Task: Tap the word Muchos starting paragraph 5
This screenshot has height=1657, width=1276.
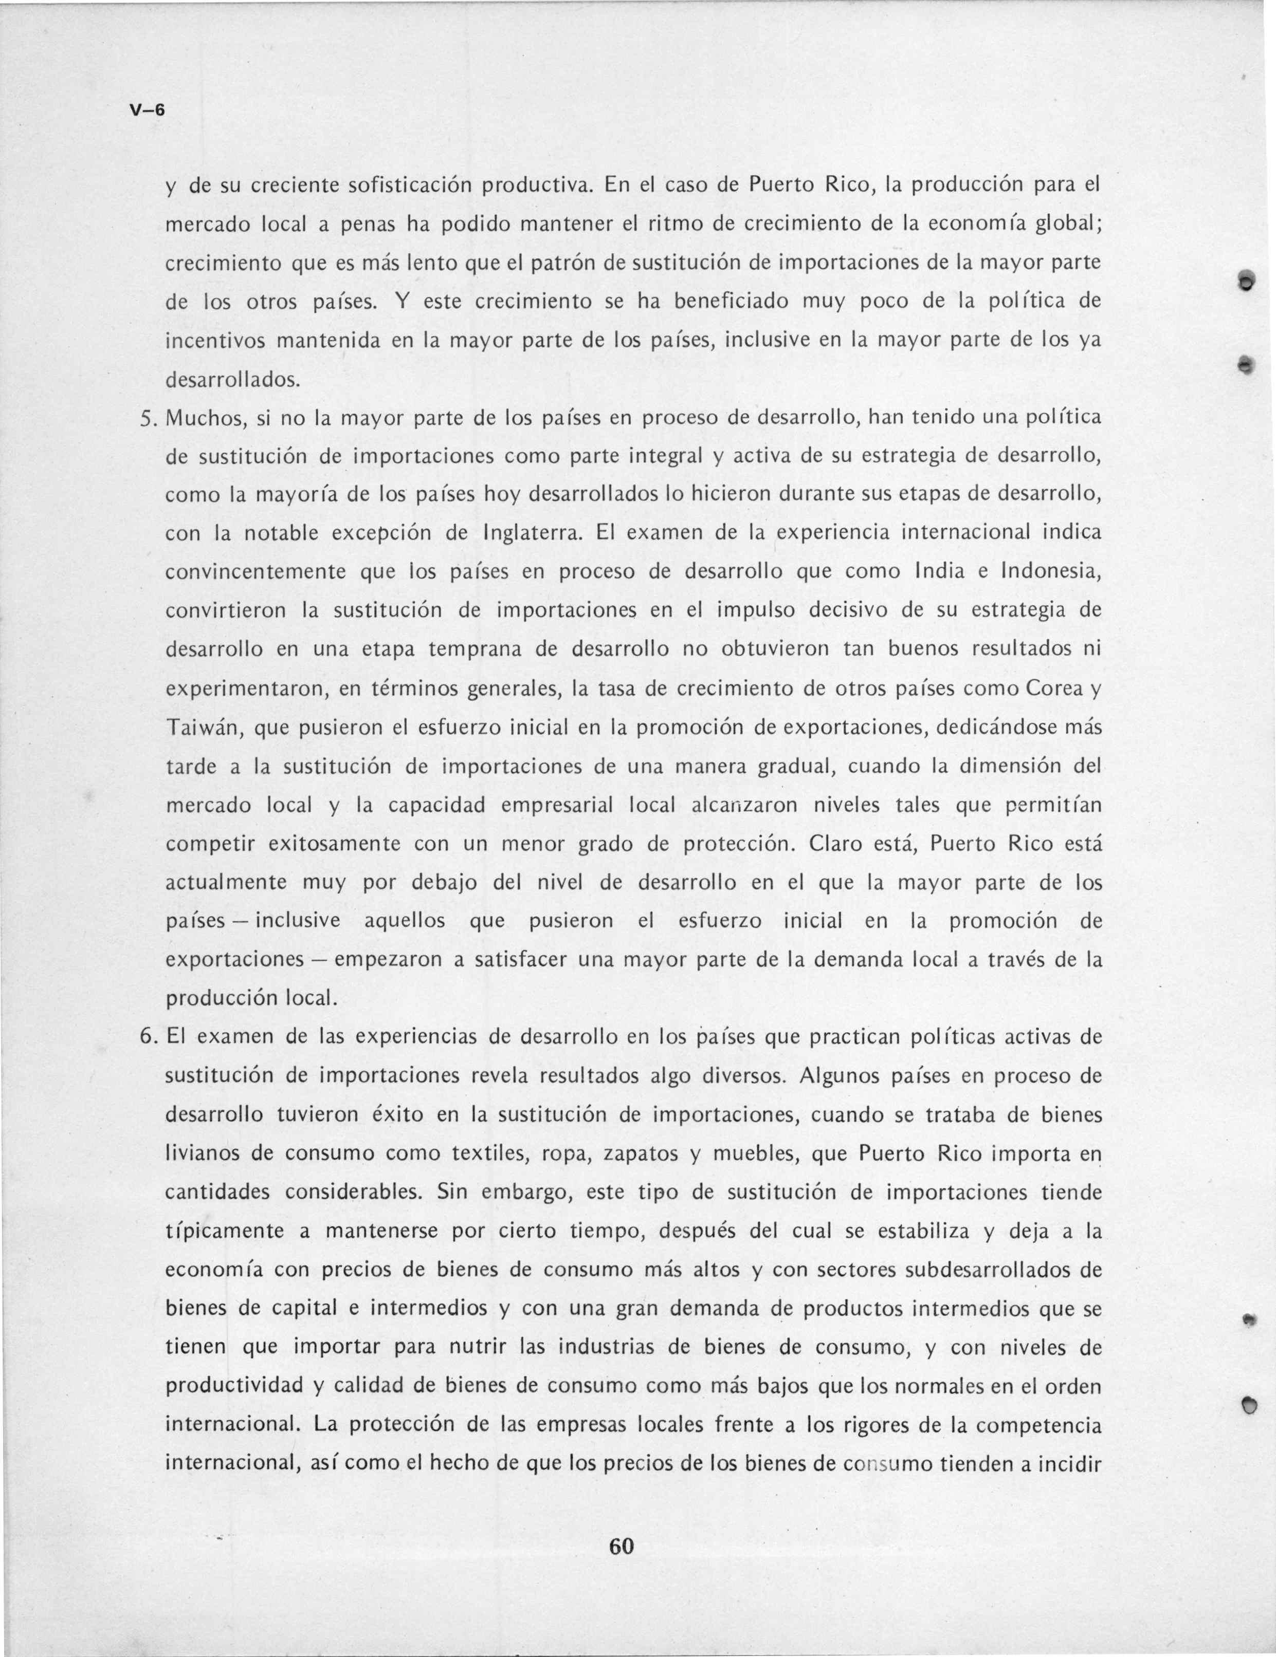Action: tap(203, 417)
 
